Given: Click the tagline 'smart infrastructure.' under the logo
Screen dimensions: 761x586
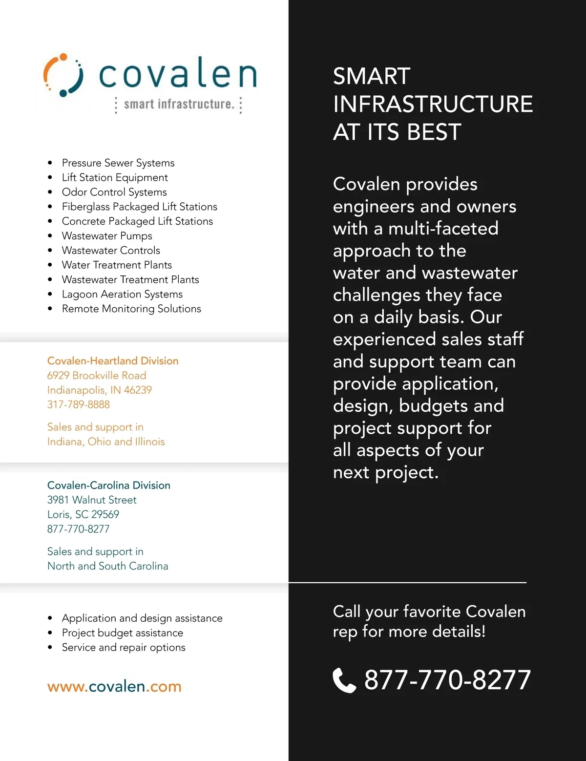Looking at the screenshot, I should [x=179, y=104].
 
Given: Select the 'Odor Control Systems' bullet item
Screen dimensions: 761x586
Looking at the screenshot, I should [x=114, y=192].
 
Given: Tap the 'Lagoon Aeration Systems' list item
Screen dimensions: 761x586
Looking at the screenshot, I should [x=122, y=294].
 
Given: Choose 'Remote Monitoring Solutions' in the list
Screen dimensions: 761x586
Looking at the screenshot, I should [x=131, y=309].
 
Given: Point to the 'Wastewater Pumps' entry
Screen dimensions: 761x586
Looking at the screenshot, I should [x=107, y=236].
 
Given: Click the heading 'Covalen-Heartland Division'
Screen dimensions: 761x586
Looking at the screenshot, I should [x=113, y=361].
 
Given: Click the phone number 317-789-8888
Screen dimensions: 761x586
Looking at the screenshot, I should [x=79, y=404].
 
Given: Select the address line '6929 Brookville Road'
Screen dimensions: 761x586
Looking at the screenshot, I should [x=97, y=376].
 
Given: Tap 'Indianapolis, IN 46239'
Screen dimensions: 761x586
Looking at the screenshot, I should [x=100, y=390].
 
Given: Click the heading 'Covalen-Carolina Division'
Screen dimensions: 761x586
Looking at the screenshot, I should [x=109, y=486].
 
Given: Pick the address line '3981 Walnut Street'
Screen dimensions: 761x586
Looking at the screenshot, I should [x=92, y=500].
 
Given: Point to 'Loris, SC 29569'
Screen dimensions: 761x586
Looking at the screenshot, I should [x=83, y=514].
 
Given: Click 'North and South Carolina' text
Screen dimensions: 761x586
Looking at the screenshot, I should [x=108, y=566].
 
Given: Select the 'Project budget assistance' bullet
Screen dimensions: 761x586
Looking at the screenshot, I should [x=123, y=633].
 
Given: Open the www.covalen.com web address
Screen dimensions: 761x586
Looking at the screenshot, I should [x=114, y=686].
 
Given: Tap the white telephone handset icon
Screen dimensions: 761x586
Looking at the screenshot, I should [x=344, y=680].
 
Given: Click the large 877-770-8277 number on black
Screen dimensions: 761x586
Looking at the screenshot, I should [x=447, y=680].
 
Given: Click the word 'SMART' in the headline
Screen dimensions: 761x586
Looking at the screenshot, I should [x=372, y=77].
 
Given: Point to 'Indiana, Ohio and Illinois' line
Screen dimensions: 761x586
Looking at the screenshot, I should [x=106, y=442].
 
